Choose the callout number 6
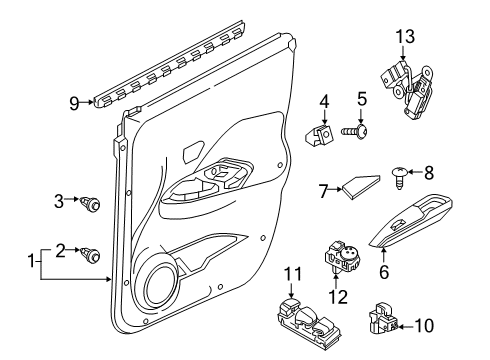pos(384,297)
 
